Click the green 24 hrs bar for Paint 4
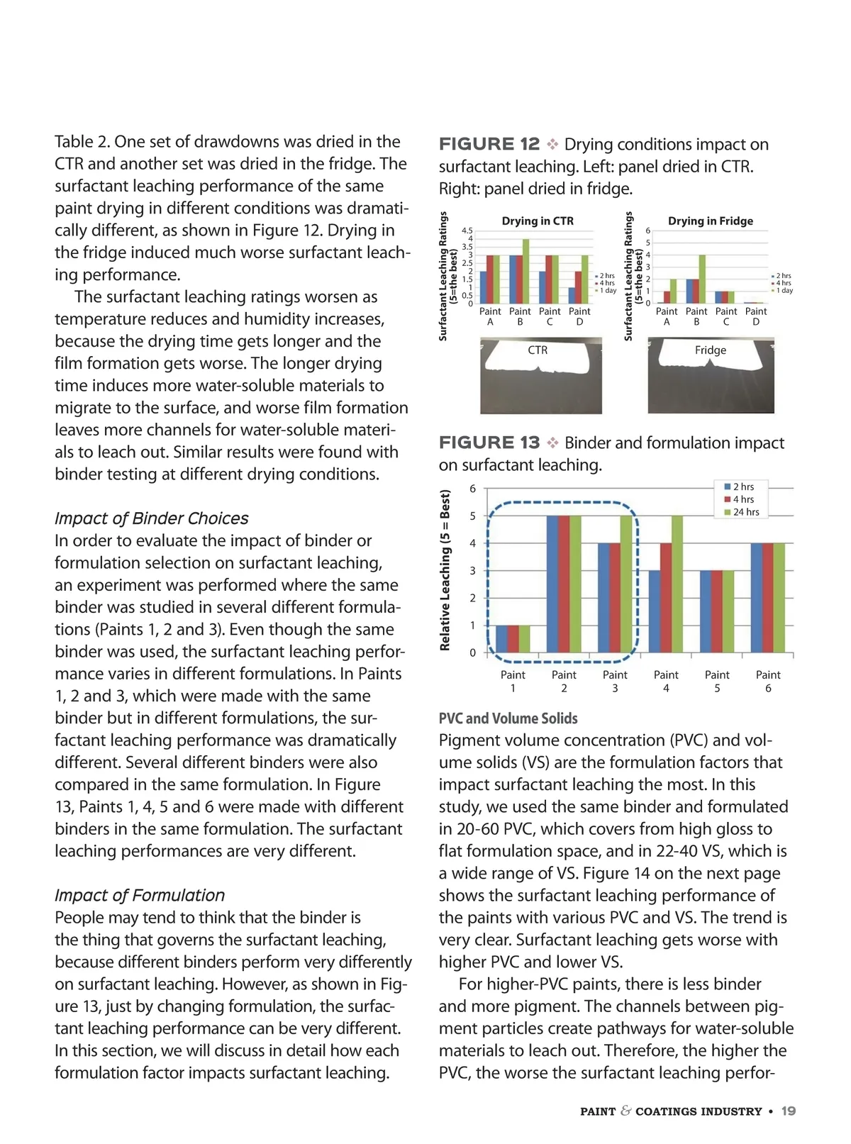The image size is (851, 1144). (677, 584)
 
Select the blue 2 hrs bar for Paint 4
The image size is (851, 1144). (654, 611)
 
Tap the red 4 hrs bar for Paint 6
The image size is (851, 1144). (767, 598)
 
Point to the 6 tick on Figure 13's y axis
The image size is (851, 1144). (473, 489)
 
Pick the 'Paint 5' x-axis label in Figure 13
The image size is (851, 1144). (717, 681)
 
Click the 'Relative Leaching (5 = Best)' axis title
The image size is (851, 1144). (445, 570)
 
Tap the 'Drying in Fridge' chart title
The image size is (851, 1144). (711, 221)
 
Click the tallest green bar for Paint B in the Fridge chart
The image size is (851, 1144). (702, 279)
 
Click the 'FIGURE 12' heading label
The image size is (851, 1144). (489, 145)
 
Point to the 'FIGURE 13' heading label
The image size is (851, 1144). (489, 443)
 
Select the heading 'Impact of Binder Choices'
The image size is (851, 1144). (152, 518)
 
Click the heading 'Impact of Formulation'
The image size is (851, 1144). (140, 895)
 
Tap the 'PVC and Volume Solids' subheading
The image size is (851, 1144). (508, 718)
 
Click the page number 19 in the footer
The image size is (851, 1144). (788, 1111)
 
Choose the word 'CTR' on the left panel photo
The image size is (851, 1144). (538, 350)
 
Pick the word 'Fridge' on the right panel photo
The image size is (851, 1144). (711, 350)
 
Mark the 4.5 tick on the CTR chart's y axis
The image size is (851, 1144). (467, 231)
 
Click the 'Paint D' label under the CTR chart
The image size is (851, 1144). (579, 316)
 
